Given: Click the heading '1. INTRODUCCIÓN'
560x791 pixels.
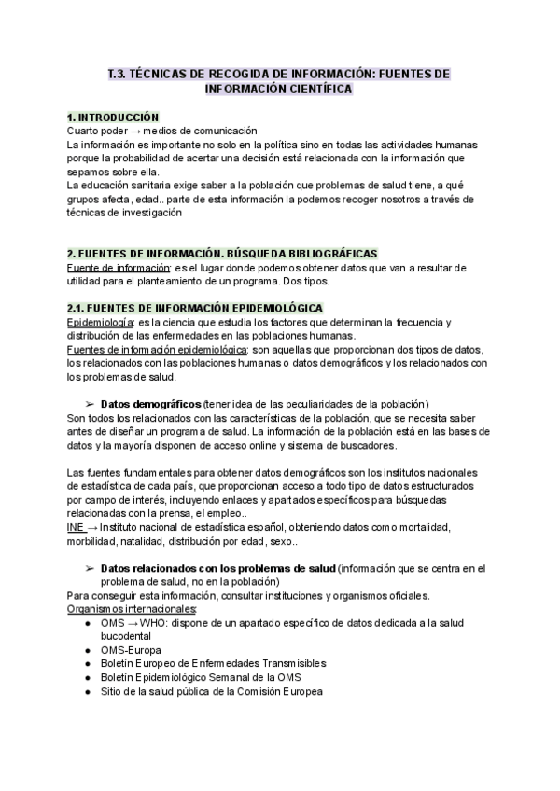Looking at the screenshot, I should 113,118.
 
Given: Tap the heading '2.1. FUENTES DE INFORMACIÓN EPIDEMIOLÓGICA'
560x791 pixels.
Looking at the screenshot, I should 195,308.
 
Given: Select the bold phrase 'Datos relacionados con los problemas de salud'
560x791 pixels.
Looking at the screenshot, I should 217,568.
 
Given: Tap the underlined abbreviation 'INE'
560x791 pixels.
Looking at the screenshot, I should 76,527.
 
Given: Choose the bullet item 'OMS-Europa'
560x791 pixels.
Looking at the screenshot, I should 131,650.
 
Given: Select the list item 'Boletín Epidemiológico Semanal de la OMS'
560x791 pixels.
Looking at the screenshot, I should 201,678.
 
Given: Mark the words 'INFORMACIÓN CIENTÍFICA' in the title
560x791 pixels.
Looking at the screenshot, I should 278,90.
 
